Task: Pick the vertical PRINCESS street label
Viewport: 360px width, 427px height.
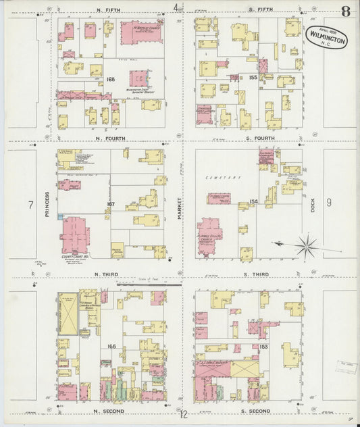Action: [x=47, y=203]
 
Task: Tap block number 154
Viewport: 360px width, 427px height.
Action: [x=254, y=201]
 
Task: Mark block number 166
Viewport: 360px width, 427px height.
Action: [x=112, y=346]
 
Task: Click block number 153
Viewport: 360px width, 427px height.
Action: [x=262, y=346]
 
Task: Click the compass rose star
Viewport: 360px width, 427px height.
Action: [x=306, y=245]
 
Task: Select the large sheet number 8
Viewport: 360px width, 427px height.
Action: [x=345, y=11]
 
